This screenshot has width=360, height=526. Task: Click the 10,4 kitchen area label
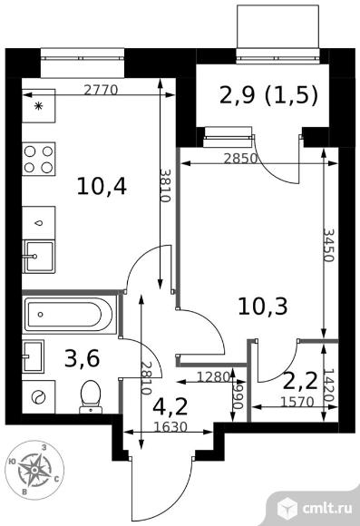tap(102, 187)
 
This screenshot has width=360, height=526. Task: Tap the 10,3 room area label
tap(263, 307)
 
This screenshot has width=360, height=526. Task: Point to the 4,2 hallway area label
tap(170, 406)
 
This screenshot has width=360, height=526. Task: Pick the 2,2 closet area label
tap(300, 381)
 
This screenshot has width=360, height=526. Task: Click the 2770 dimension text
tap(101, 90)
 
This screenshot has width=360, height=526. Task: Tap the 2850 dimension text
tap(240, 158)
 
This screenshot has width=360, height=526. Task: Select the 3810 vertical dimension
tap(165, 185)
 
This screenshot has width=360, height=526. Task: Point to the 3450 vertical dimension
tap(329, 245)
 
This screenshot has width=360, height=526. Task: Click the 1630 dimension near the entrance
tap(170, 427)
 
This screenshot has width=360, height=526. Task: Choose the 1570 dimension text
tap(297, 402)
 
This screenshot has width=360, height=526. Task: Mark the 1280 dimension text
tap(213, 377)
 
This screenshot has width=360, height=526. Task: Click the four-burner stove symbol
tap(39, 159)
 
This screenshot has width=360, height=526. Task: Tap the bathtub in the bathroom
tap(70, 315)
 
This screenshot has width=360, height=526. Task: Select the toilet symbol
tap(91, 397)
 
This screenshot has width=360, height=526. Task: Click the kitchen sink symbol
tap(39, 257)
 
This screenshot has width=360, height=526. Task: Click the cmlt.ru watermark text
tap(327, 509)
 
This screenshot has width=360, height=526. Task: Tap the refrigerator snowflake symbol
tap(39, 107)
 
